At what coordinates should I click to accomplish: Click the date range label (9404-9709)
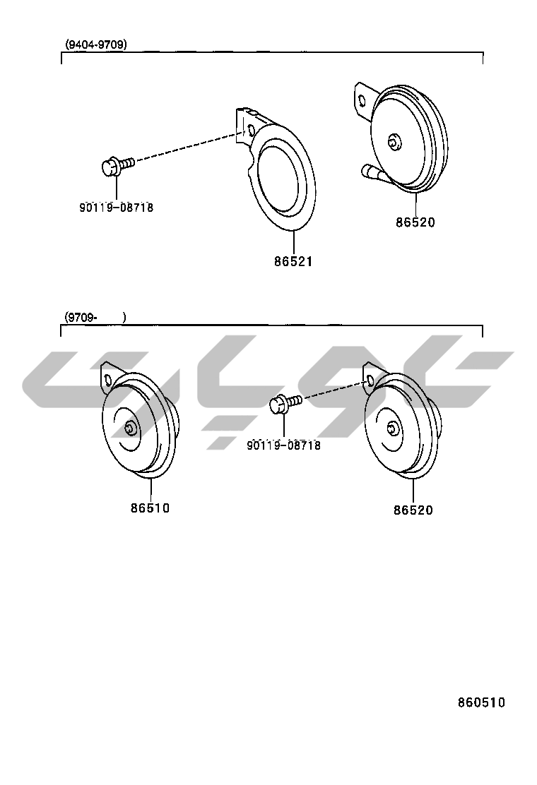click(95, 44)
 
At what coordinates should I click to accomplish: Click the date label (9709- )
click(95, 317)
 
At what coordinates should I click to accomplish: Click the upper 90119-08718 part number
click(116, 208)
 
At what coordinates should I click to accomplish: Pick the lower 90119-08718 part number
click(283, 445)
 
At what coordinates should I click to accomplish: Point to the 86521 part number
click(293, 261)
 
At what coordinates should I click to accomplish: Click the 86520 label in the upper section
click(415, 222)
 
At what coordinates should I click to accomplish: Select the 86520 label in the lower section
click(413, 510)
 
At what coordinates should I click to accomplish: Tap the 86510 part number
click(151, 508)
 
